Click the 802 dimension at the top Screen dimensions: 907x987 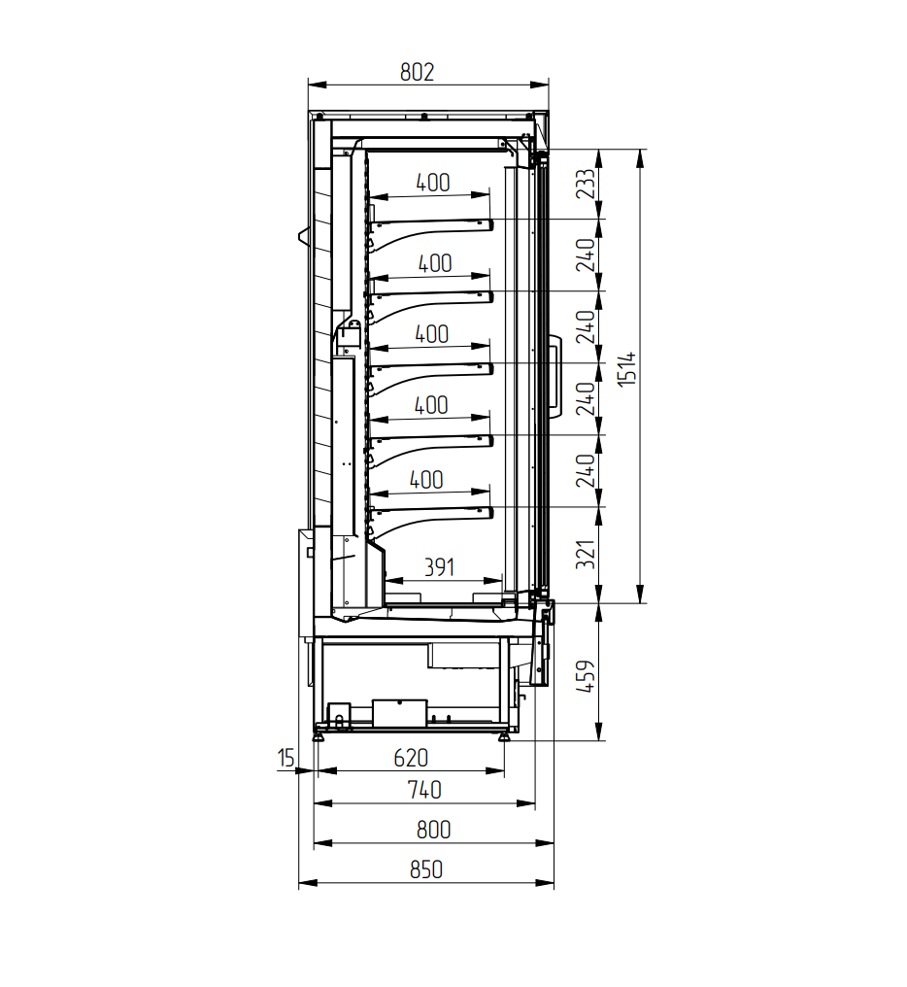tap(417, 73)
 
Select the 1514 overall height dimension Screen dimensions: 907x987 tap(627, 369)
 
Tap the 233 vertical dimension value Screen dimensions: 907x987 tap(586, 184)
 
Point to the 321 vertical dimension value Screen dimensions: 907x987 tap(586, 554)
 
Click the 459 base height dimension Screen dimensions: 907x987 tap(586, 676)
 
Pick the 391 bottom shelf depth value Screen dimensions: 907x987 tap(439, 567)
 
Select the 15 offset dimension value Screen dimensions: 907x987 tap(286, 757)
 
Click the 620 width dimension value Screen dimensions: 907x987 tap(411, 758)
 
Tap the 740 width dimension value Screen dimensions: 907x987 tap(424, 790)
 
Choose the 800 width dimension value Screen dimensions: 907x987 tap(434, 830)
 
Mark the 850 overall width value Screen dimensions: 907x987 tap(426, 869)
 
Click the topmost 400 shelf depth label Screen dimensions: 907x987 tap(433, 183)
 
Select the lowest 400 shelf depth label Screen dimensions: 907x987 tap(426, 480)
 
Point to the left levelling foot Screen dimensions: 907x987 tap(319, 735)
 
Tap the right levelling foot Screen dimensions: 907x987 tap(504, 735)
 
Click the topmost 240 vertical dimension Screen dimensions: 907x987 tap(586, 255)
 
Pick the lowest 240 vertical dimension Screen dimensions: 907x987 tap(586, 471)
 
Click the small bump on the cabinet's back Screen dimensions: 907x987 tap(304, 236)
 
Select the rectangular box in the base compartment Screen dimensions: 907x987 tap(400, 713)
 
